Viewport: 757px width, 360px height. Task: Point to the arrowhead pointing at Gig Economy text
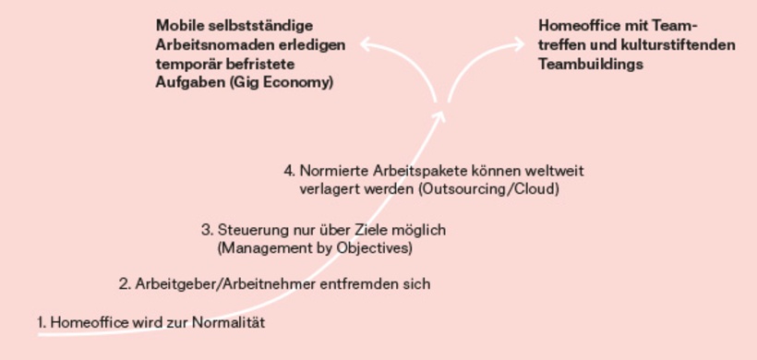click(366, 42)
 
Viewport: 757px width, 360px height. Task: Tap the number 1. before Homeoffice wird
click(42, 322)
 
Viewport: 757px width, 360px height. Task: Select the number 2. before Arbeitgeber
click(125, 284)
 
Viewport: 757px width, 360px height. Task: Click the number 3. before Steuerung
click(208, 229)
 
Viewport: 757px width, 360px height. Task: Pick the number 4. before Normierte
click(290, 171)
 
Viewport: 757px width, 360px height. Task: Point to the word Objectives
click(374, 248)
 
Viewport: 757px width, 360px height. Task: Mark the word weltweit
click(556, 171)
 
